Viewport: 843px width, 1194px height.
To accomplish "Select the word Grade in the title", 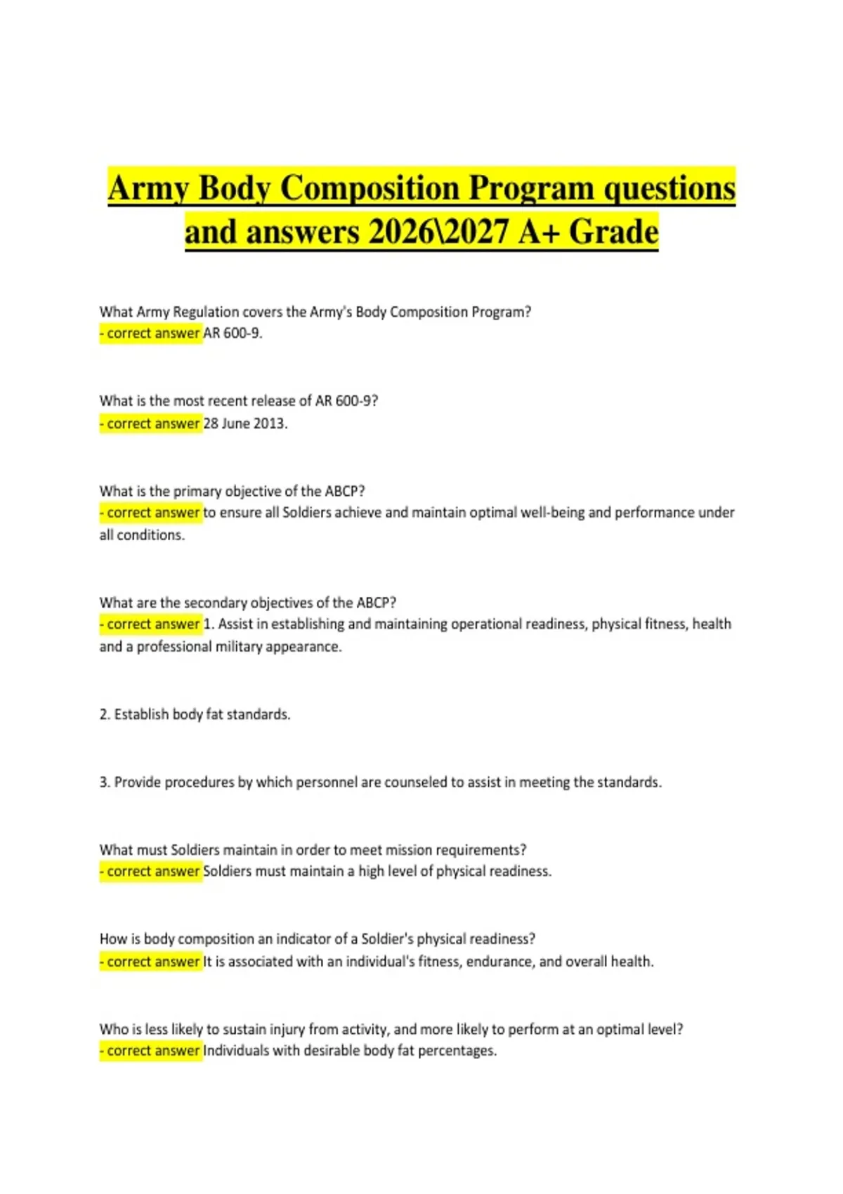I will [x=613, y=232].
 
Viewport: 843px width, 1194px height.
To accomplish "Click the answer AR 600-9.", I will [x=233, y=333].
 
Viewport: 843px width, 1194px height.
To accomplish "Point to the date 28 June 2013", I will [x=245, y=424].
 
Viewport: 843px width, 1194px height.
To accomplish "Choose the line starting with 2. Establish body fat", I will [x=195, y=714].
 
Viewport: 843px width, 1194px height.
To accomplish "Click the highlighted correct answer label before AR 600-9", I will [x=150, y=333].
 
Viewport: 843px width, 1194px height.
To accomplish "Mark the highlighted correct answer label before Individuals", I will [x=150, y=1051].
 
